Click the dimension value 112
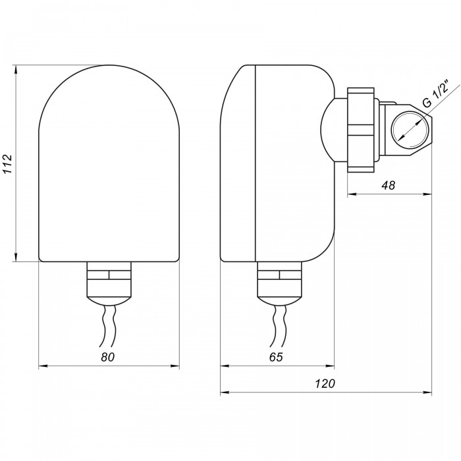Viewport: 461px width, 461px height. [7, 163]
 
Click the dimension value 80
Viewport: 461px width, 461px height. [107, 357]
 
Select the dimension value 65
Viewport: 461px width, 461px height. [276, 357]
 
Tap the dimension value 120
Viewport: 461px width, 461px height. [325, 384]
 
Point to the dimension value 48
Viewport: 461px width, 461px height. [388, 185]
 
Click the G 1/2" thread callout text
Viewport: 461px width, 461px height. [436, 94]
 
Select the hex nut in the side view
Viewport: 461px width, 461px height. [360, 130]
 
